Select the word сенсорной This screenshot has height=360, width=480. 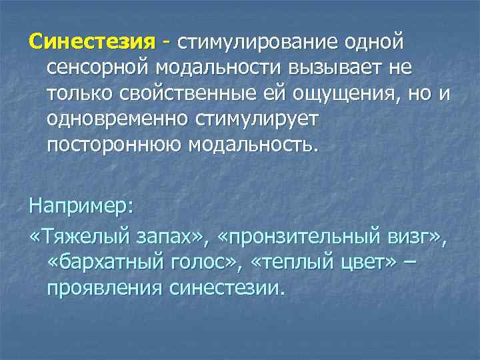click(x=98, y=68)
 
